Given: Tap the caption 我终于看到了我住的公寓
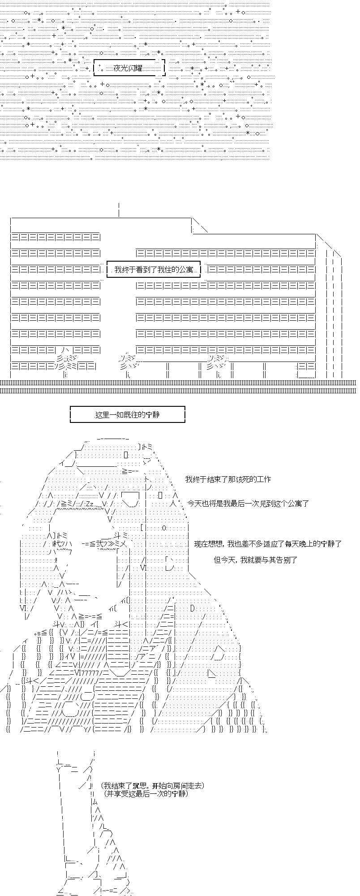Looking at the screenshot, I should coord(153,270).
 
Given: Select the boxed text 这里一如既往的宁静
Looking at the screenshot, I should coord(127,414).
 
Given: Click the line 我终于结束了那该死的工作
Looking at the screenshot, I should coord(228,479).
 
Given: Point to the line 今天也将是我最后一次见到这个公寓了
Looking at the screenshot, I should coord(248,503).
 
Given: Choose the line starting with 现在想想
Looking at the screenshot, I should coord(268,544).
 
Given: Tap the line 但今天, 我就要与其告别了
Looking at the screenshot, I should coord(255,560).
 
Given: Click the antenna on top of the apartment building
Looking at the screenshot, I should coord(119,210).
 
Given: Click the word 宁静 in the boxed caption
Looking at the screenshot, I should coord(153,414).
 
